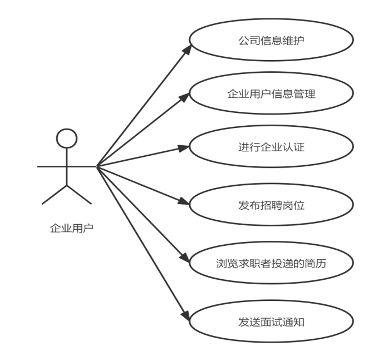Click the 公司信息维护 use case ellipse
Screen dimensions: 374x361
tap(271, 41)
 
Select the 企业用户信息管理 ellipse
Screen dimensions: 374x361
tap(271, 94)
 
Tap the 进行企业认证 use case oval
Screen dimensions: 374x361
tap(271, 147)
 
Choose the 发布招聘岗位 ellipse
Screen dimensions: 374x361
tap(271, 205)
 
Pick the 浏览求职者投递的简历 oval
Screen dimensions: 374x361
tap(271, 263)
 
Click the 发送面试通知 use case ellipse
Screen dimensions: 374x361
tap(271, 322)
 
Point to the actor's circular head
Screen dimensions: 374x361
tap(67, 139)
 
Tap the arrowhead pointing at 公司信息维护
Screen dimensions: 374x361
tap(187, 48)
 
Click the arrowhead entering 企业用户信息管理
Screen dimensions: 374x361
tap(185, 98)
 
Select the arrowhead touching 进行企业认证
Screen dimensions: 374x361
tap(185, 148)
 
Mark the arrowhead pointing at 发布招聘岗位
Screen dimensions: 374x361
tap(185, 202)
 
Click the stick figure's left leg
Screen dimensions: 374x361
tap(53, 195)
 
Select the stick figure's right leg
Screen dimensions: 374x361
tap(80, 195)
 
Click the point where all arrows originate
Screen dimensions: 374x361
tap(96, 166)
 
